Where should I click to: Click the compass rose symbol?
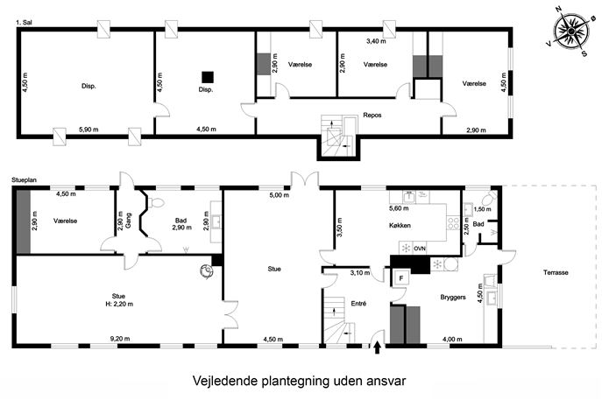tap(571, 32)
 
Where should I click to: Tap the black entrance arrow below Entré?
tap(378, 347)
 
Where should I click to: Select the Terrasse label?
tap(556, 273)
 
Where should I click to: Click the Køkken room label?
tap(400, 225)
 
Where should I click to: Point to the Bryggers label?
tap(453, 298)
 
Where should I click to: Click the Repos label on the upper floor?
tap(372, 115)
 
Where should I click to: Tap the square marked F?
tap(401, 278)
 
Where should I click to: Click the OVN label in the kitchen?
tap(420, 249)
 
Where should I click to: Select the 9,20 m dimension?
tap(120, 339)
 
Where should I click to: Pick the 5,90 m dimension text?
tap(89, 130)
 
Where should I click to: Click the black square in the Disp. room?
tap(208, 77)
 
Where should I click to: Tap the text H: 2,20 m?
tap(119, 304)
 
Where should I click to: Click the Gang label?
tap(128, 221)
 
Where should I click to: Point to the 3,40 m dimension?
tap(376, 41)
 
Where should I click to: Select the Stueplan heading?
tap(24, 179)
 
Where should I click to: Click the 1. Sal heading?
tap(24, 23)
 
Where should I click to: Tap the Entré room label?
tap(358, 304)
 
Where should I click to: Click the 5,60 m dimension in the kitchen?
tap(399, 208)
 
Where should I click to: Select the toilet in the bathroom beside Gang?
tap(155, 202)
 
